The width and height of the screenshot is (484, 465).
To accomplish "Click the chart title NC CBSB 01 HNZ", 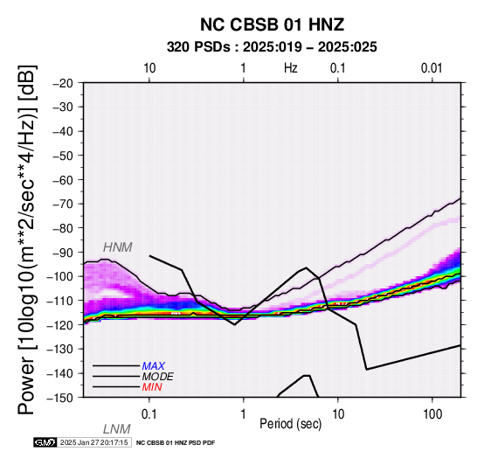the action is click(272, 24).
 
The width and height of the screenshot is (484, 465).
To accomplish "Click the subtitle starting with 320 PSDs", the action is click(272, 47).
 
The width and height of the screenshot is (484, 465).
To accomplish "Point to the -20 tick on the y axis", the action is click(63, 83).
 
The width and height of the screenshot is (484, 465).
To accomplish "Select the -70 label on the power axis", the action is click(63, 205).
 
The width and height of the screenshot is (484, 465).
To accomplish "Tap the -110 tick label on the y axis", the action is click(59, 301).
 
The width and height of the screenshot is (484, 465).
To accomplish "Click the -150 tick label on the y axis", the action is click(59, 398).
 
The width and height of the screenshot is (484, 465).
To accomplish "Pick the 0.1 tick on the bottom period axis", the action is click(149, 414).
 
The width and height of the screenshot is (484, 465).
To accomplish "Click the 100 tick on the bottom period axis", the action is click(432, 414).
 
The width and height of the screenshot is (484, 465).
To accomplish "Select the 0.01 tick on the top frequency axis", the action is click(432, 68).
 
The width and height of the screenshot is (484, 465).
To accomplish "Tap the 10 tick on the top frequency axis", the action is click(149, 68).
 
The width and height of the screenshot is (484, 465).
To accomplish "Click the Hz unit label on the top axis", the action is click(291, 68).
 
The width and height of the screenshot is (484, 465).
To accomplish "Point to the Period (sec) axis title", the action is click(290, 424).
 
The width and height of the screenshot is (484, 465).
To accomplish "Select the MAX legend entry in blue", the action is click(153, 366).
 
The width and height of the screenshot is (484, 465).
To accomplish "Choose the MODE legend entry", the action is click(157, 377).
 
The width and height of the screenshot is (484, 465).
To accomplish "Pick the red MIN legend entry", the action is click(152, 387).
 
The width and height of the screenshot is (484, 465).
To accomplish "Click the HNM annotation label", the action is click(118, 247).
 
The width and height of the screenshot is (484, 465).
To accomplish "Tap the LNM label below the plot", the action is click(117, 429).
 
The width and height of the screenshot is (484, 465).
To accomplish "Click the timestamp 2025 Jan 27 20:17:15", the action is click(93, 442).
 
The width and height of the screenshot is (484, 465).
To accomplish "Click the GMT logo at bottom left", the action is click(45, 442).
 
